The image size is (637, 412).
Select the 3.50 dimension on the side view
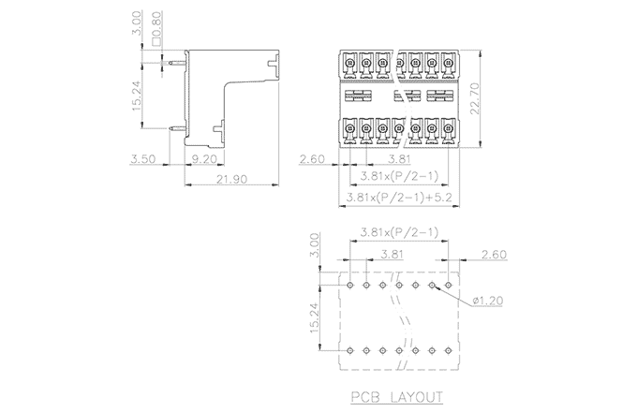[143, 160]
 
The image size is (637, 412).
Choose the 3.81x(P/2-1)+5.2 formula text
[397, 198]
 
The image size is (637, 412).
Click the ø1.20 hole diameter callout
[490, 302]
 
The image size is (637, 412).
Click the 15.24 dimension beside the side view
[138, 96]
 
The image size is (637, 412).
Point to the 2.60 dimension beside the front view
[312, 160]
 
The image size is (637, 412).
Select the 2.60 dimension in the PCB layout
[493, 255]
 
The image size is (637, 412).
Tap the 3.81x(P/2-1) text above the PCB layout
[397, 232]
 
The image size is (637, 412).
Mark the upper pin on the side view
[174, 63]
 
